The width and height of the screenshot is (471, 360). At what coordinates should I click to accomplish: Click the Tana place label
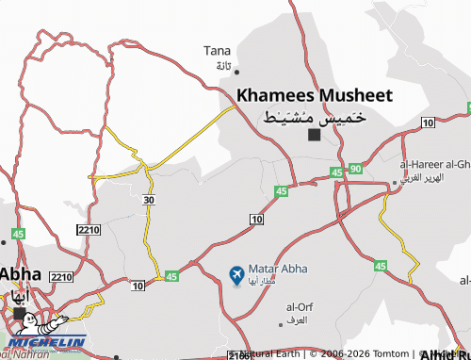218,50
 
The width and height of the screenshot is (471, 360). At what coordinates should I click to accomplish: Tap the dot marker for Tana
236,71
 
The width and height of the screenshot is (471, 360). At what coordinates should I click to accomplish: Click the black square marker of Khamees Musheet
315,135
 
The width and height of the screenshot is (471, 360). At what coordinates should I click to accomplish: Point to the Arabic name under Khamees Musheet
314,118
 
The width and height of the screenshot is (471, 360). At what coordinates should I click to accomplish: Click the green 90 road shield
354,169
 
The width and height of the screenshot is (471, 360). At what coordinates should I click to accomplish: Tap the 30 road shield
149,200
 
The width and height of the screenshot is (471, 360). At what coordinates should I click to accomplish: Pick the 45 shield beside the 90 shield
337,172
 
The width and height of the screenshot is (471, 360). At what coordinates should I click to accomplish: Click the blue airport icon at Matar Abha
235,274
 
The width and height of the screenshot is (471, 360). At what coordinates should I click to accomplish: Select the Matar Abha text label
275,268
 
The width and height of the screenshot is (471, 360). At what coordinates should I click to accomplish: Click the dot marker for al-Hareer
395,183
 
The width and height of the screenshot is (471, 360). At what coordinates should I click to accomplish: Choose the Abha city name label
19,272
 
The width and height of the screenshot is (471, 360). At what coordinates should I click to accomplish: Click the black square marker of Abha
19,312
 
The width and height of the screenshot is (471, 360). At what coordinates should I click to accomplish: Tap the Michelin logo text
48,341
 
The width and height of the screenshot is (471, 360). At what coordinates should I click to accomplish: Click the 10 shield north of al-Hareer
428,123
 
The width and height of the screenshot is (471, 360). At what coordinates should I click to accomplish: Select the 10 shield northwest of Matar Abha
256,219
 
